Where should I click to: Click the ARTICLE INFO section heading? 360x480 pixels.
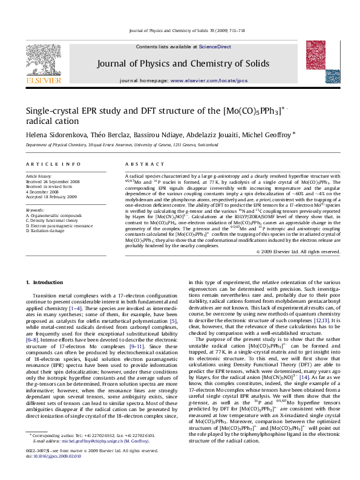pos(53,164)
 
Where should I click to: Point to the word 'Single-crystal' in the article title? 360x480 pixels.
pos(55,111)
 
